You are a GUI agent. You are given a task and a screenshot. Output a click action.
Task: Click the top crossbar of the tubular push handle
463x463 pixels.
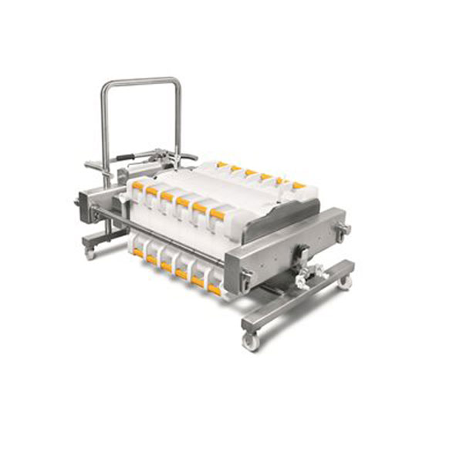140,79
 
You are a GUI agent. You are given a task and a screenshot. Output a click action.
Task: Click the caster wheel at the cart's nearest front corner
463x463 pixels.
251,340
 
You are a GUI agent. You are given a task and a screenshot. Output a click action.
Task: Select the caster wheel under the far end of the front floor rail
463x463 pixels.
345,282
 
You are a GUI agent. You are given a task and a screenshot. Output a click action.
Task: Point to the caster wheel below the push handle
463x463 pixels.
90,252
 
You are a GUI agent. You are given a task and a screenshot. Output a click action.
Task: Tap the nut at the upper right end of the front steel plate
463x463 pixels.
342,228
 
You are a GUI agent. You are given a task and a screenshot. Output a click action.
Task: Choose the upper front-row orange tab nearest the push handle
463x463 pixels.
138,186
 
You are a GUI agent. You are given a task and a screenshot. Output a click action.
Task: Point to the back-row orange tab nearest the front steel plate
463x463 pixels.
298,185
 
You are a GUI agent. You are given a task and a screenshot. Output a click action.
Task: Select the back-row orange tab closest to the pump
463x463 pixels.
221,164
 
